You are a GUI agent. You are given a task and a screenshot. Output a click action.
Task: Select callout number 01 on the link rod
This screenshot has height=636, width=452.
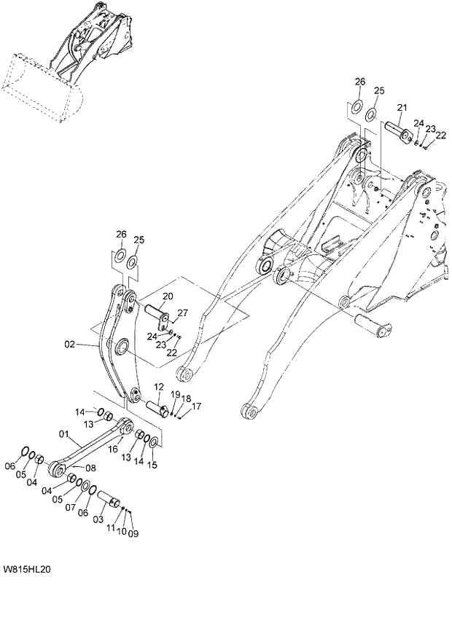click(64, 436)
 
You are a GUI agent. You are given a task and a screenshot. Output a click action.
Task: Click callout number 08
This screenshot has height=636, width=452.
click(90, 467)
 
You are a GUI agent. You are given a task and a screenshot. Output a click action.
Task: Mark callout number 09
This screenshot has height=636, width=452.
click(133, 534)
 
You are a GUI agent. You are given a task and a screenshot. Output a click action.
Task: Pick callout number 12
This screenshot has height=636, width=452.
click(158, 386)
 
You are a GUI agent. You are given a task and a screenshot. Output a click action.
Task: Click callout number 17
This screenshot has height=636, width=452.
click(197, 407)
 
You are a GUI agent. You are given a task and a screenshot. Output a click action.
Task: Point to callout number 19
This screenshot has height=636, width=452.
click(176, 394)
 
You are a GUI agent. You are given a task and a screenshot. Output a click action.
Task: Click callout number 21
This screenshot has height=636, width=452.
click(401, 109)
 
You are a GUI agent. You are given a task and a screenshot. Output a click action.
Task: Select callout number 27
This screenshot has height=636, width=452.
click(182, 313)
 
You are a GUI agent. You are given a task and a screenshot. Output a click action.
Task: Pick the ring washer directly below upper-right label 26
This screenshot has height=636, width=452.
click(356, 107)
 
